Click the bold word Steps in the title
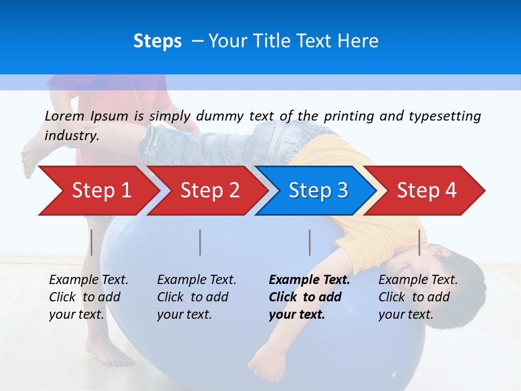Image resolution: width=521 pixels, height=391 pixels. tap(157, 41)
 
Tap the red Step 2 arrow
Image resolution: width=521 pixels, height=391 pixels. tap(209, 191)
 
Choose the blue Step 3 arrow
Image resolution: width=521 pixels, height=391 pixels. tap(317, 191)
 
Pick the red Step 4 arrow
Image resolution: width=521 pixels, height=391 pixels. tap(427, 191)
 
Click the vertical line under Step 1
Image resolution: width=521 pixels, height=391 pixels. tap(92, 242)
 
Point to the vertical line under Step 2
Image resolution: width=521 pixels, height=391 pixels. tap(200, 242)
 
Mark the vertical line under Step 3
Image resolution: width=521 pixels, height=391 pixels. tap(309, 242)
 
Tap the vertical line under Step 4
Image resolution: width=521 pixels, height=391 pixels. tap(419, 242)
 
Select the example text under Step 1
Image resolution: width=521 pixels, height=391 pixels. tap(88, 297)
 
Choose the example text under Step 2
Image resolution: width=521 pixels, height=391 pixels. tap(196, 297)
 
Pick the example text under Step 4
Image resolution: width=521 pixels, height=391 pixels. tap(417, 297)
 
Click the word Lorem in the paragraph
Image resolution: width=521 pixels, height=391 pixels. tap(65, 116)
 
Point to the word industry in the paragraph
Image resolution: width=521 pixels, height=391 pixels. tap(72, 135)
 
